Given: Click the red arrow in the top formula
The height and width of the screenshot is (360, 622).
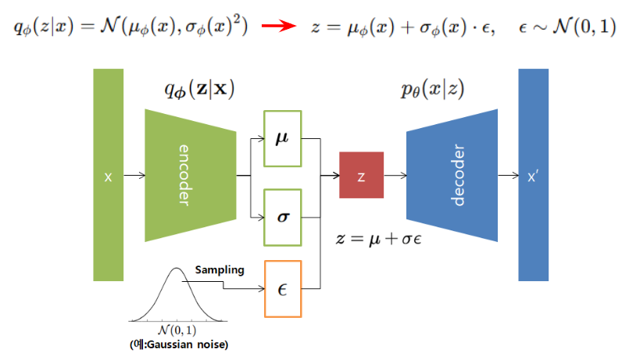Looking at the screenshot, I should point(277,27).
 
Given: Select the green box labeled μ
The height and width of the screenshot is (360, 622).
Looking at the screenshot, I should point(283,139).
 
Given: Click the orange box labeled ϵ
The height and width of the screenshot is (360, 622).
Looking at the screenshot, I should point(283,288).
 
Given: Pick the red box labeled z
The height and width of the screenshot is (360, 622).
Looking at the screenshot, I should point(361,176).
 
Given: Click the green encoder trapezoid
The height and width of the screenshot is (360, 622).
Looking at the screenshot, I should point(190,176).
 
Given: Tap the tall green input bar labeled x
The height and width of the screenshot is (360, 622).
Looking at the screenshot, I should point(109,176).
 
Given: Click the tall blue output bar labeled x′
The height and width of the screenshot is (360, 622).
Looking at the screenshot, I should point(534,176).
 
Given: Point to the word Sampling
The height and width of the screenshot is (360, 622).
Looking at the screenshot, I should point(220,270).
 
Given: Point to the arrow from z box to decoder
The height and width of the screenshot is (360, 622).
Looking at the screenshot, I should point(395,176).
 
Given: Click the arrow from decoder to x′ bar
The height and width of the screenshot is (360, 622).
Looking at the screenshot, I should point(508,176).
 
